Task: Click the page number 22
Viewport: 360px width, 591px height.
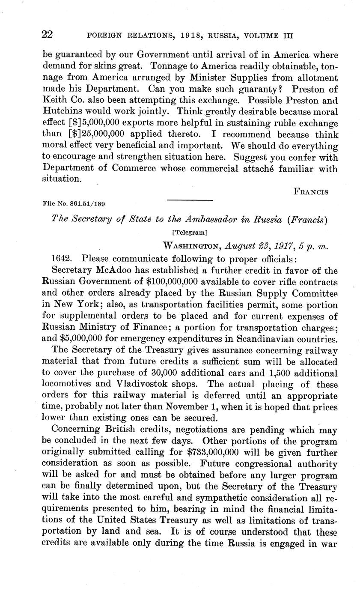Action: click(47, 35)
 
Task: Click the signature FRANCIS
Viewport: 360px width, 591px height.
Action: click(311, 192)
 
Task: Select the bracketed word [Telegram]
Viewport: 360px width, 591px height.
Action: click(189, 233)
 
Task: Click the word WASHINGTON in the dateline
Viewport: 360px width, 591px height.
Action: click(191, 245)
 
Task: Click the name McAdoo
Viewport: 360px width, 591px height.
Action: click(116, 270)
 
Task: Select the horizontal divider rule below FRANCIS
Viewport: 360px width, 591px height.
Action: click(189, 200)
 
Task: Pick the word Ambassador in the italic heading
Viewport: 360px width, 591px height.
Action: click(200, 220)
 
